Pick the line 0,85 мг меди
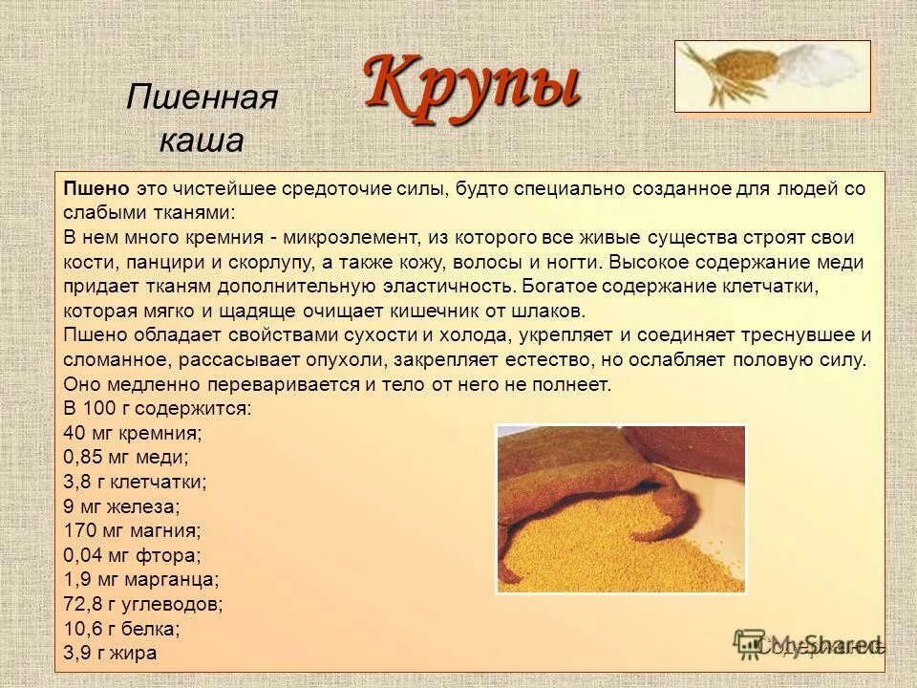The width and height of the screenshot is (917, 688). pos(125,458)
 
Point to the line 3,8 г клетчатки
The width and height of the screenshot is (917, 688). pos(135,483)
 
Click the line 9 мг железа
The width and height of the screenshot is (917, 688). pos(121,506)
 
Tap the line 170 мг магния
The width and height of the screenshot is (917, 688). pos(131,531)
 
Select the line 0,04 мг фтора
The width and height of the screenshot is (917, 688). pos(132,555)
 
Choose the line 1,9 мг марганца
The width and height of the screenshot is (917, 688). pos(141,580)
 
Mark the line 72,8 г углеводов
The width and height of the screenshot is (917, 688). pos(143,605)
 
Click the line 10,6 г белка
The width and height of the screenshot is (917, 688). pos(121,629)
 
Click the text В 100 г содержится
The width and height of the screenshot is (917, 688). pos(158,408)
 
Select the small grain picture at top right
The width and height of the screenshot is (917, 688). pos(772,76)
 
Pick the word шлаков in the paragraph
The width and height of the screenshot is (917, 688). pos(556,311)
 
